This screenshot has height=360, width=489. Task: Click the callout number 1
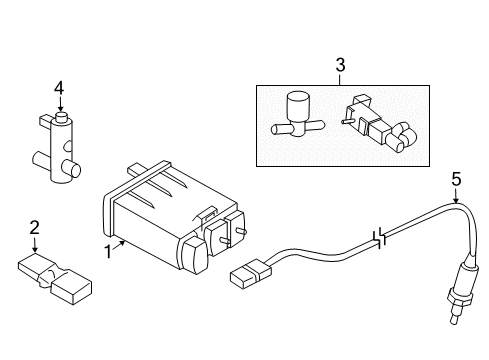pos(108,252)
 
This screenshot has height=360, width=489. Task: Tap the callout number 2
pos(34,227)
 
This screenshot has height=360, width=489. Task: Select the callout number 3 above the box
pos(340,65)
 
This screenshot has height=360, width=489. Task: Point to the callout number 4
pos(59,89)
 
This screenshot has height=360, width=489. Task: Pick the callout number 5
pos(456,179)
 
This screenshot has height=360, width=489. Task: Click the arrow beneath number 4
pos(60,104)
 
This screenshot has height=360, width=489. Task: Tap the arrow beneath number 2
pos(34,245)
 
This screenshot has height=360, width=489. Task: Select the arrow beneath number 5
pos(456,196)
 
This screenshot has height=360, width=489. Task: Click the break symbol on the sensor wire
pos(380,238)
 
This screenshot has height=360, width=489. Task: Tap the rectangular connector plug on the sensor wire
pos(251,274)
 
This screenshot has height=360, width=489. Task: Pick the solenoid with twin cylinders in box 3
pos(379,124)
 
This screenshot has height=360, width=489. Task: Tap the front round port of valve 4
pos(71,168)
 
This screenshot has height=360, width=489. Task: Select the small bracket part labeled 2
pos(55,278)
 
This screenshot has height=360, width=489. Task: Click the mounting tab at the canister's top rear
pos(138,169)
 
